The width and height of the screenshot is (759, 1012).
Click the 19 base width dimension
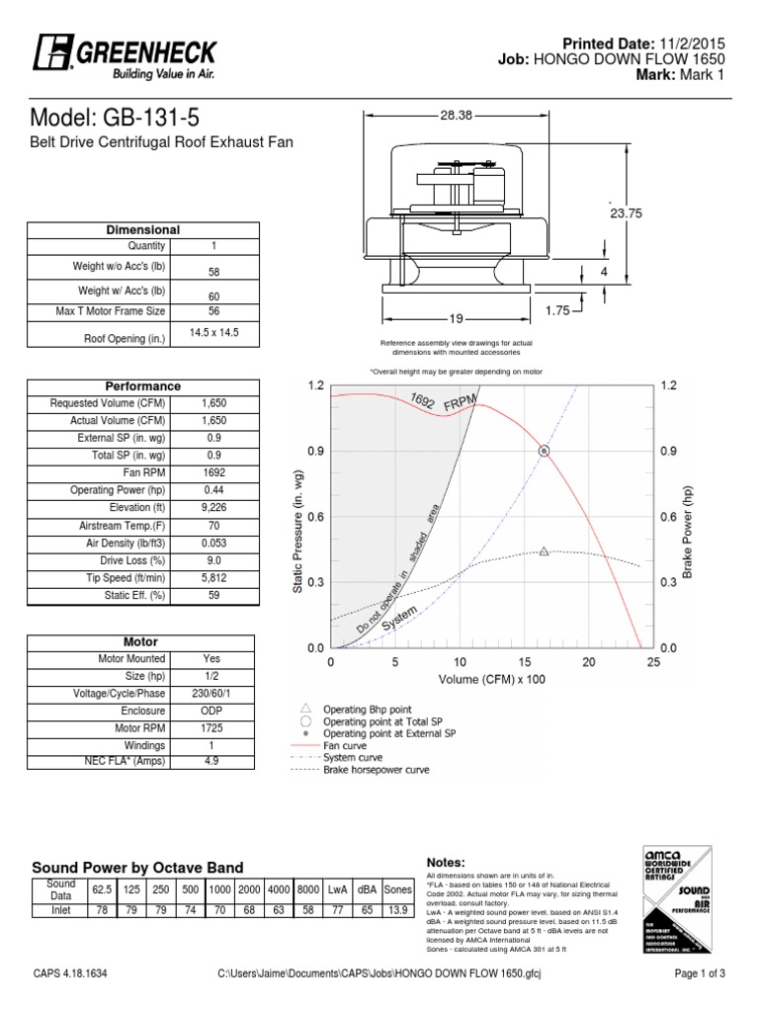tap(456, 318)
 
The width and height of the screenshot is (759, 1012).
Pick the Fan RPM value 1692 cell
tap(213, 472)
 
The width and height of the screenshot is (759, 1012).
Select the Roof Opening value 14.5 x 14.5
tap(213, 333)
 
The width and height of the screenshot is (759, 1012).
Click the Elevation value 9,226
tap(213, 507)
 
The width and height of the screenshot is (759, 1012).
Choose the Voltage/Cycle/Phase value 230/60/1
tap(213, 693)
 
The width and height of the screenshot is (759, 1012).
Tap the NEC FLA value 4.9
tap(213, 762)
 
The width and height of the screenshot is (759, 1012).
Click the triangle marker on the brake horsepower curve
tap(545, 551)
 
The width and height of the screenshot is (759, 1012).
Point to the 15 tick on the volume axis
tap(524, 663)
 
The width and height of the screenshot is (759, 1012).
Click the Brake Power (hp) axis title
tap(690, 518)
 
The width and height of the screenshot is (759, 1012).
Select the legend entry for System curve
tap(350, 757)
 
